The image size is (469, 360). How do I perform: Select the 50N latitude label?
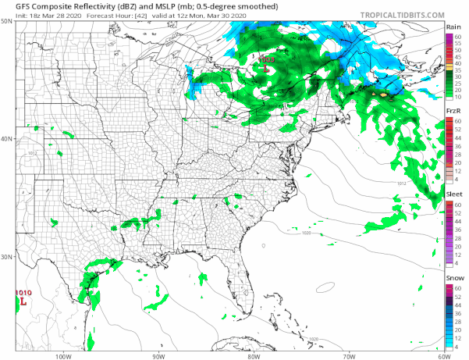pos(7,21)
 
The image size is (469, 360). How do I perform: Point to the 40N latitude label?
pos(7,139)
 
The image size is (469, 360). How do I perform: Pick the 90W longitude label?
pos(158,355)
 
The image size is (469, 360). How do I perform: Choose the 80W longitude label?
pos(252,355)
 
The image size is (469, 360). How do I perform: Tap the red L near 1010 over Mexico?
pos(23,301)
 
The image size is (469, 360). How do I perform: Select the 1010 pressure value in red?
pos(23,292)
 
